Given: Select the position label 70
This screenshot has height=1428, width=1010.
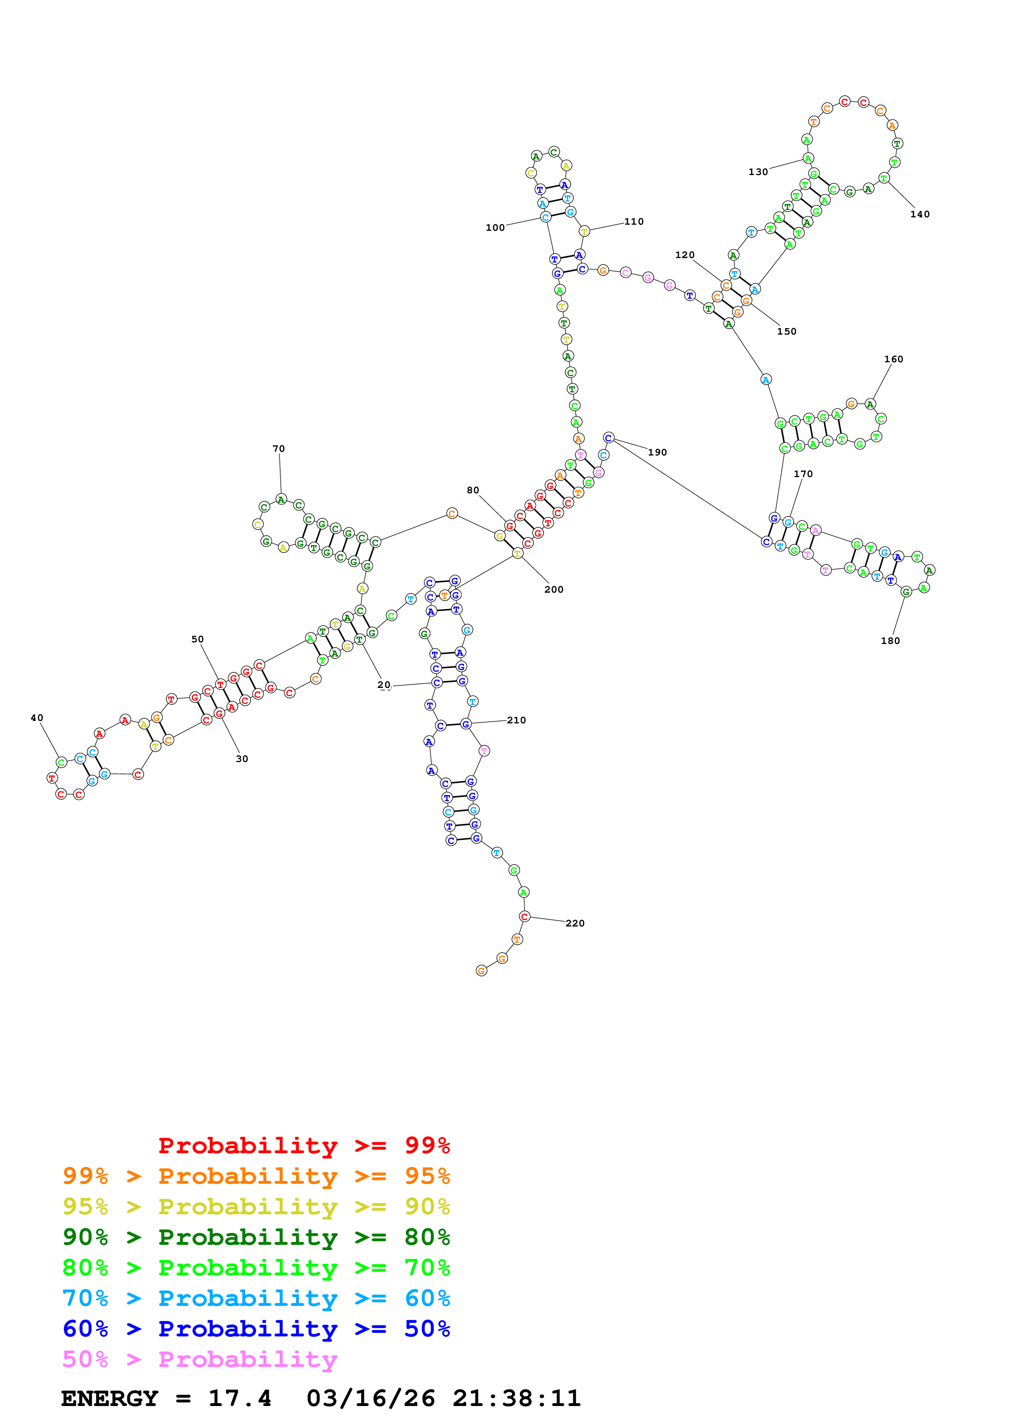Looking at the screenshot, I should pos(278,449).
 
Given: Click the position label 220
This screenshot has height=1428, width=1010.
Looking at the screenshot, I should pos(574,923).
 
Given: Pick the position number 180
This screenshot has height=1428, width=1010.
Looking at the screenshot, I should pos(890,641).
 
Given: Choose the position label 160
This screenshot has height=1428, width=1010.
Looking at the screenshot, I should pos(893,359).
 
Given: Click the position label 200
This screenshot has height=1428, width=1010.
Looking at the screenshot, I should pos(553,589).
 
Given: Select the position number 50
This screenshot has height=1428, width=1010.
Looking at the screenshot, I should pos(197,639).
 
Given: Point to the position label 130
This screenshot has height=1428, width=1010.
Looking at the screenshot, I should pos(757,172).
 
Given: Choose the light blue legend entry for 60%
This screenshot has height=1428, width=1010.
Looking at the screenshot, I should pos(256,1298).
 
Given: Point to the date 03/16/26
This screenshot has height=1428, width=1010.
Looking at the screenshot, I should pos(370,1398).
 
